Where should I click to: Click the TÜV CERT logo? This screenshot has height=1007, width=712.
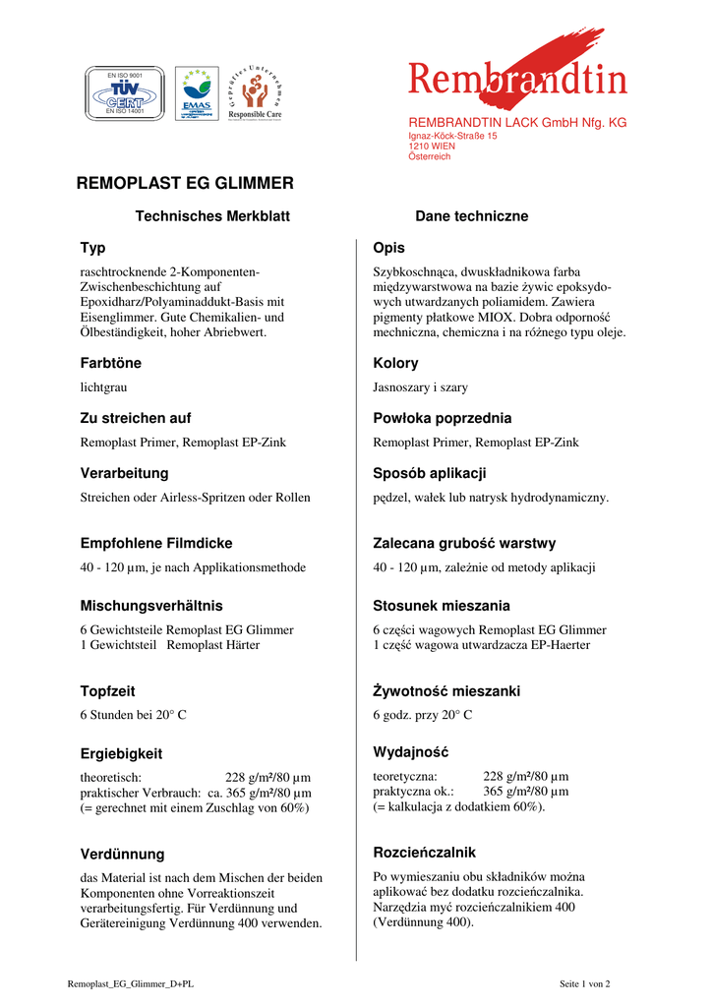118,93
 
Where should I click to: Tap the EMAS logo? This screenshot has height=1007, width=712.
197,93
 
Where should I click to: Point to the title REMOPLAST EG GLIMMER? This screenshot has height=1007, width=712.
185,183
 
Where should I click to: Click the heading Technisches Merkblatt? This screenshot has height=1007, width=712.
212,216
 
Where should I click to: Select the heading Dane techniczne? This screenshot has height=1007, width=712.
471,216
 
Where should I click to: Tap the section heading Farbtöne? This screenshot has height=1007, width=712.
110,364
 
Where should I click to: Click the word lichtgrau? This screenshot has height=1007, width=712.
103,388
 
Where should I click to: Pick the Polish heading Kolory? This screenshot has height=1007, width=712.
395,364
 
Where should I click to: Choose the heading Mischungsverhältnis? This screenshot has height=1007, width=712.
151,606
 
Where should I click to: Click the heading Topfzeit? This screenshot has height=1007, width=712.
107,691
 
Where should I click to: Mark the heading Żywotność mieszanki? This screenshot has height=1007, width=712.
446,691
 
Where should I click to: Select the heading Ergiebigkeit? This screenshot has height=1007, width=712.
121,754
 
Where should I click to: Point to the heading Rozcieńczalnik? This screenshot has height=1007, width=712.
424,853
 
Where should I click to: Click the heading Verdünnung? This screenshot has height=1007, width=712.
122,855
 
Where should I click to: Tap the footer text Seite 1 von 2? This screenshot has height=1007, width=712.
584,983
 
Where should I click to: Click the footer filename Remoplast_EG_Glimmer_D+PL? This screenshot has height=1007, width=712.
131,983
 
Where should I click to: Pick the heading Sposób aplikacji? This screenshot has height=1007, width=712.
430,473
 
